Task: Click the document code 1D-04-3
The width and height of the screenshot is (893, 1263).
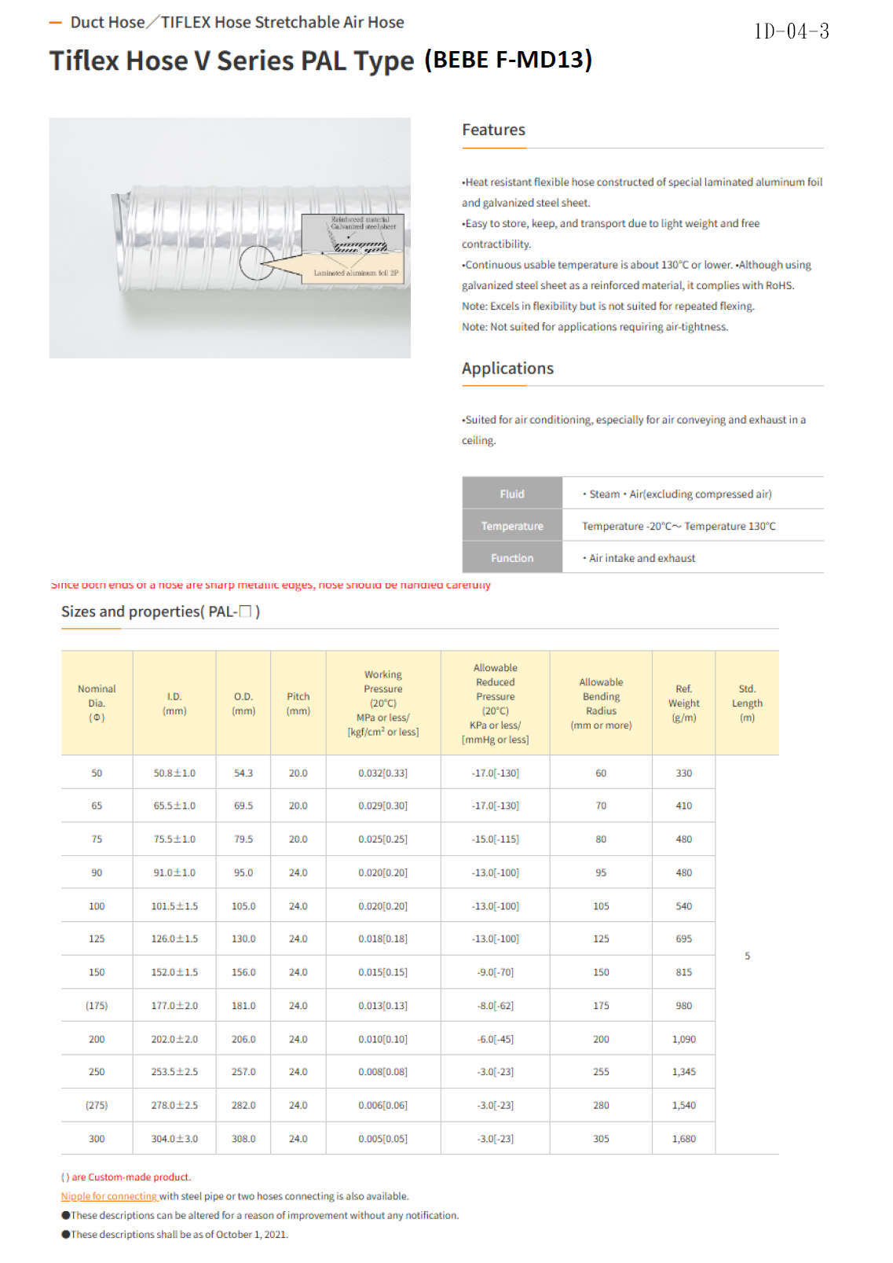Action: click(792, 31)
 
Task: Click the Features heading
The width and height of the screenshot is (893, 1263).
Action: click(493, 130)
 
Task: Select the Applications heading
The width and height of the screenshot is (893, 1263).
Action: click(507, 369)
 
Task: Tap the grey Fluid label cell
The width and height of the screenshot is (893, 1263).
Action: click(512, 494)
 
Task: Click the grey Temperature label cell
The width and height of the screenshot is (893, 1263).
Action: click(512, 526)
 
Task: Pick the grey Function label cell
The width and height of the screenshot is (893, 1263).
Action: click(512, 558)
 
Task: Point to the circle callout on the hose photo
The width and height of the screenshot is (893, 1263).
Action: click(257, 263)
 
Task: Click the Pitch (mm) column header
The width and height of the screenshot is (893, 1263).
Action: click(298, 703)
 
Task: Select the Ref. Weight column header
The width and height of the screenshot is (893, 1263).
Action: click(683, 703)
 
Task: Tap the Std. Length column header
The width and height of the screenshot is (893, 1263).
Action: click(747, 703)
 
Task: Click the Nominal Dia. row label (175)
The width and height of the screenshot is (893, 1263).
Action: click(97, 1006)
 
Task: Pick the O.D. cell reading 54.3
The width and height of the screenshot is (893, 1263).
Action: click(243, 773)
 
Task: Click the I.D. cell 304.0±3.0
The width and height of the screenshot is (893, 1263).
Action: click(174, 1139)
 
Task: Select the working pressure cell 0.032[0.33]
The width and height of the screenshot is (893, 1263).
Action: click(382, 773)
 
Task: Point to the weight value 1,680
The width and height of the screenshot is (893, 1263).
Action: click(683, 1139)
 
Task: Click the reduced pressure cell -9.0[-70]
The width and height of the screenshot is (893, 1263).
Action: click(495, 972)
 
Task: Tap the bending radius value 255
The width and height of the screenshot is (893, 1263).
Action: click(601, 1072)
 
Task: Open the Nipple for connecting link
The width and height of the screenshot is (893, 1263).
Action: click(110, 1196)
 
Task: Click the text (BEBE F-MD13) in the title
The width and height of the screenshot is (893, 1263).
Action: click(508, 60)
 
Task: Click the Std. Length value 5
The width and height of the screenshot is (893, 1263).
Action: click(747, 956)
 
